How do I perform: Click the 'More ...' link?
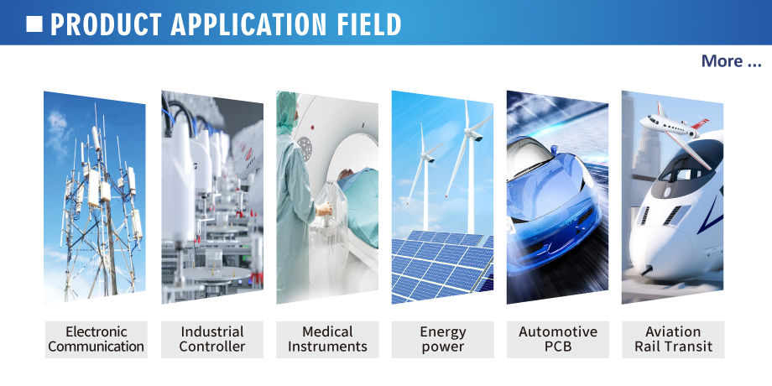click(x=731, y=61)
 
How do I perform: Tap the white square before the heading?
click(x=34, y=23)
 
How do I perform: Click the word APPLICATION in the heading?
click(x=248, y=24)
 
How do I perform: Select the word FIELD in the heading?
click(x=368, y=24)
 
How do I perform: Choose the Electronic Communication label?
click(x=96, y=339)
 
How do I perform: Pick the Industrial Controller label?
click(x=212, y=339)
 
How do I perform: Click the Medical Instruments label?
click(x=327, y=339)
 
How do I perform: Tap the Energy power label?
click(x=442, y=339)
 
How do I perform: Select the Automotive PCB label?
click(x=558, y=339)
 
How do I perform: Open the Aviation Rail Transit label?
click(x=673, y=339)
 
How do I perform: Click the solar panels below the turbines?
click(x=442, y=266)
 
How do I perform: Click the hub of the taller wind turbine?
click(x=476, y=134)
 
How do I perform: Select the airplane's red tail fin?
click(x=701, y=123)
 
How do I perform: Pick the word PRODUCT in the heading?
click(x=106, y=24)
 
